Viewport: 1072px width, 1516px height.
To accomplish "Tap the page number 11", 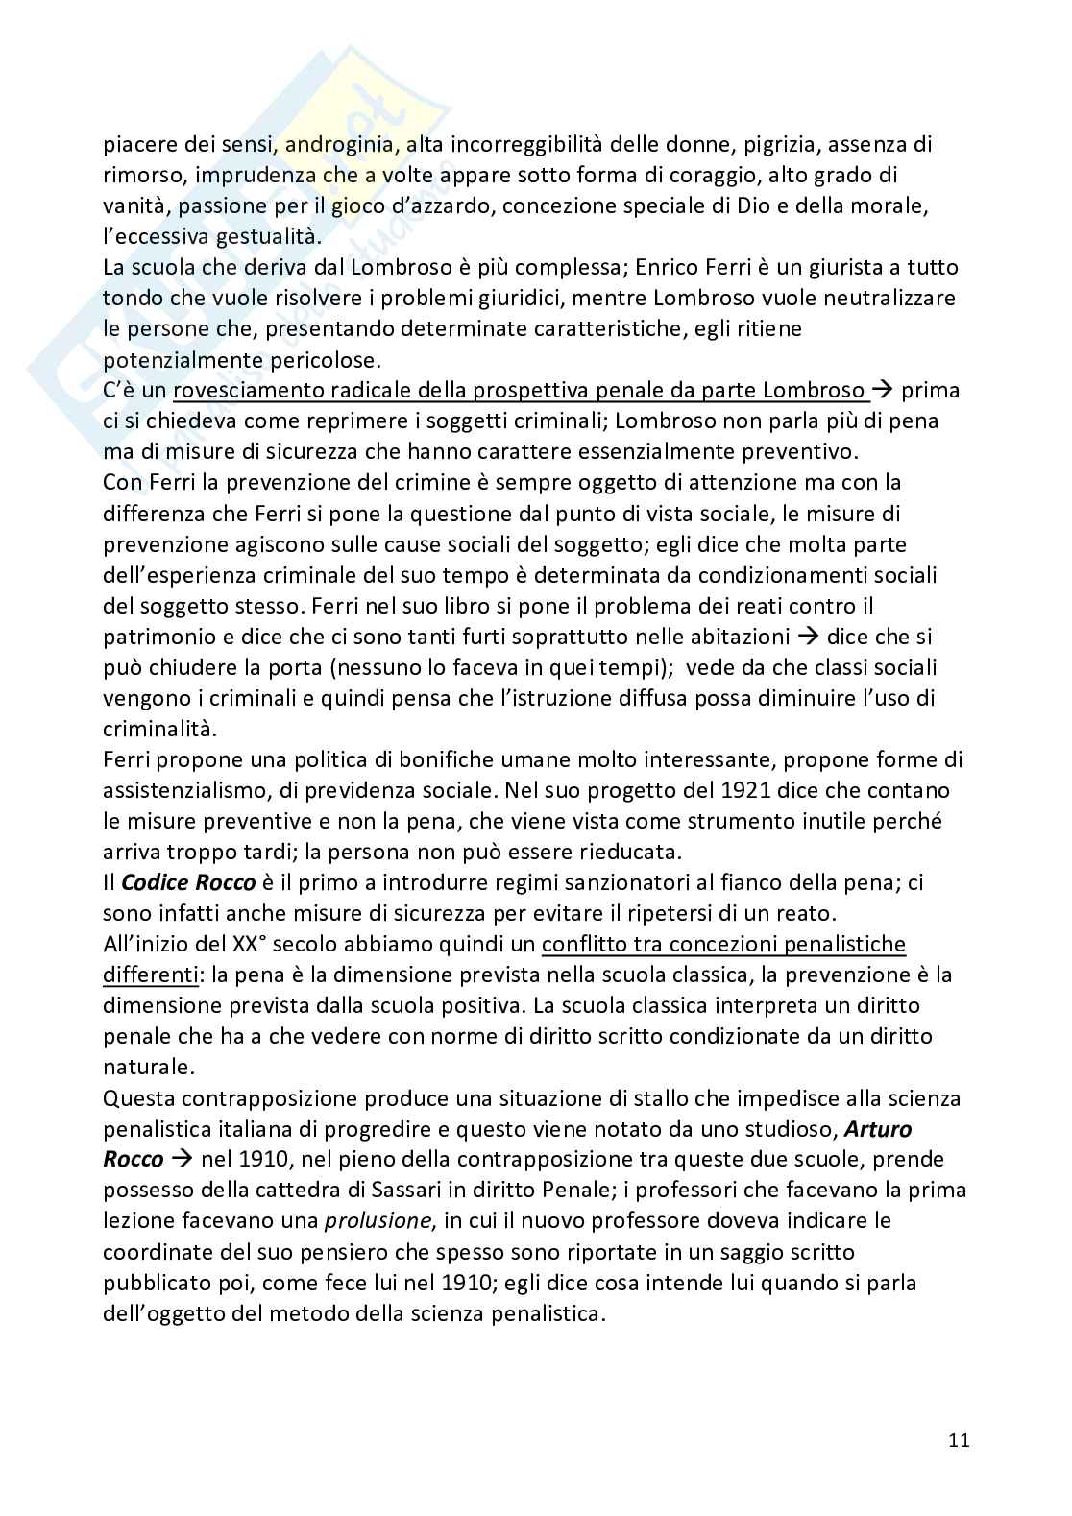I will (959, 1439).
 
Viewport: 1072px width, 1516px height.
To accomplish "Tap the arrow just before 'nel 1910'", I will (180, 1159).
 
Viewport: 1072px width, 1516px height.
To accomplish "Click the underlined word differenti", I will (149, 975).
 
